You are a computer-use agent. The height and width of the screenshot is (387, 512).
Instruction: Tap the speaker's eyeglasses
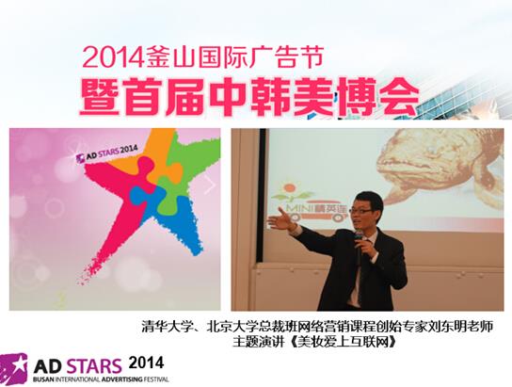pos(361,211)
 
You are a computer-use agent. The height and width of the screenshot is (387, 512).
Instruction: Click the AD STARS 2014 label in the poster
pos(106,154)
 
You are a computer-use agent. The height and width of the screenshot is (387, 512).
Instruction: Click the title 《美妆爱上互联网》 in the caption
pos(344,342)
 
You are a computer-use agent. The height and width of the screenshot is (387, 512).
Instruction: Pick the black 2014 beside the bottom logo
pos(146,363)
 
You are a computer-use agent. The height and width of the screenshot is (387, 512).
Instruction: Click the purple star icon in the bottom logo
pos(14,366)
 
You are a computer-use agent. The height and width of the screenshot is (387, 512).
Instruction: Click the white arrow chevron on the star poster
pos(211,185)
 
